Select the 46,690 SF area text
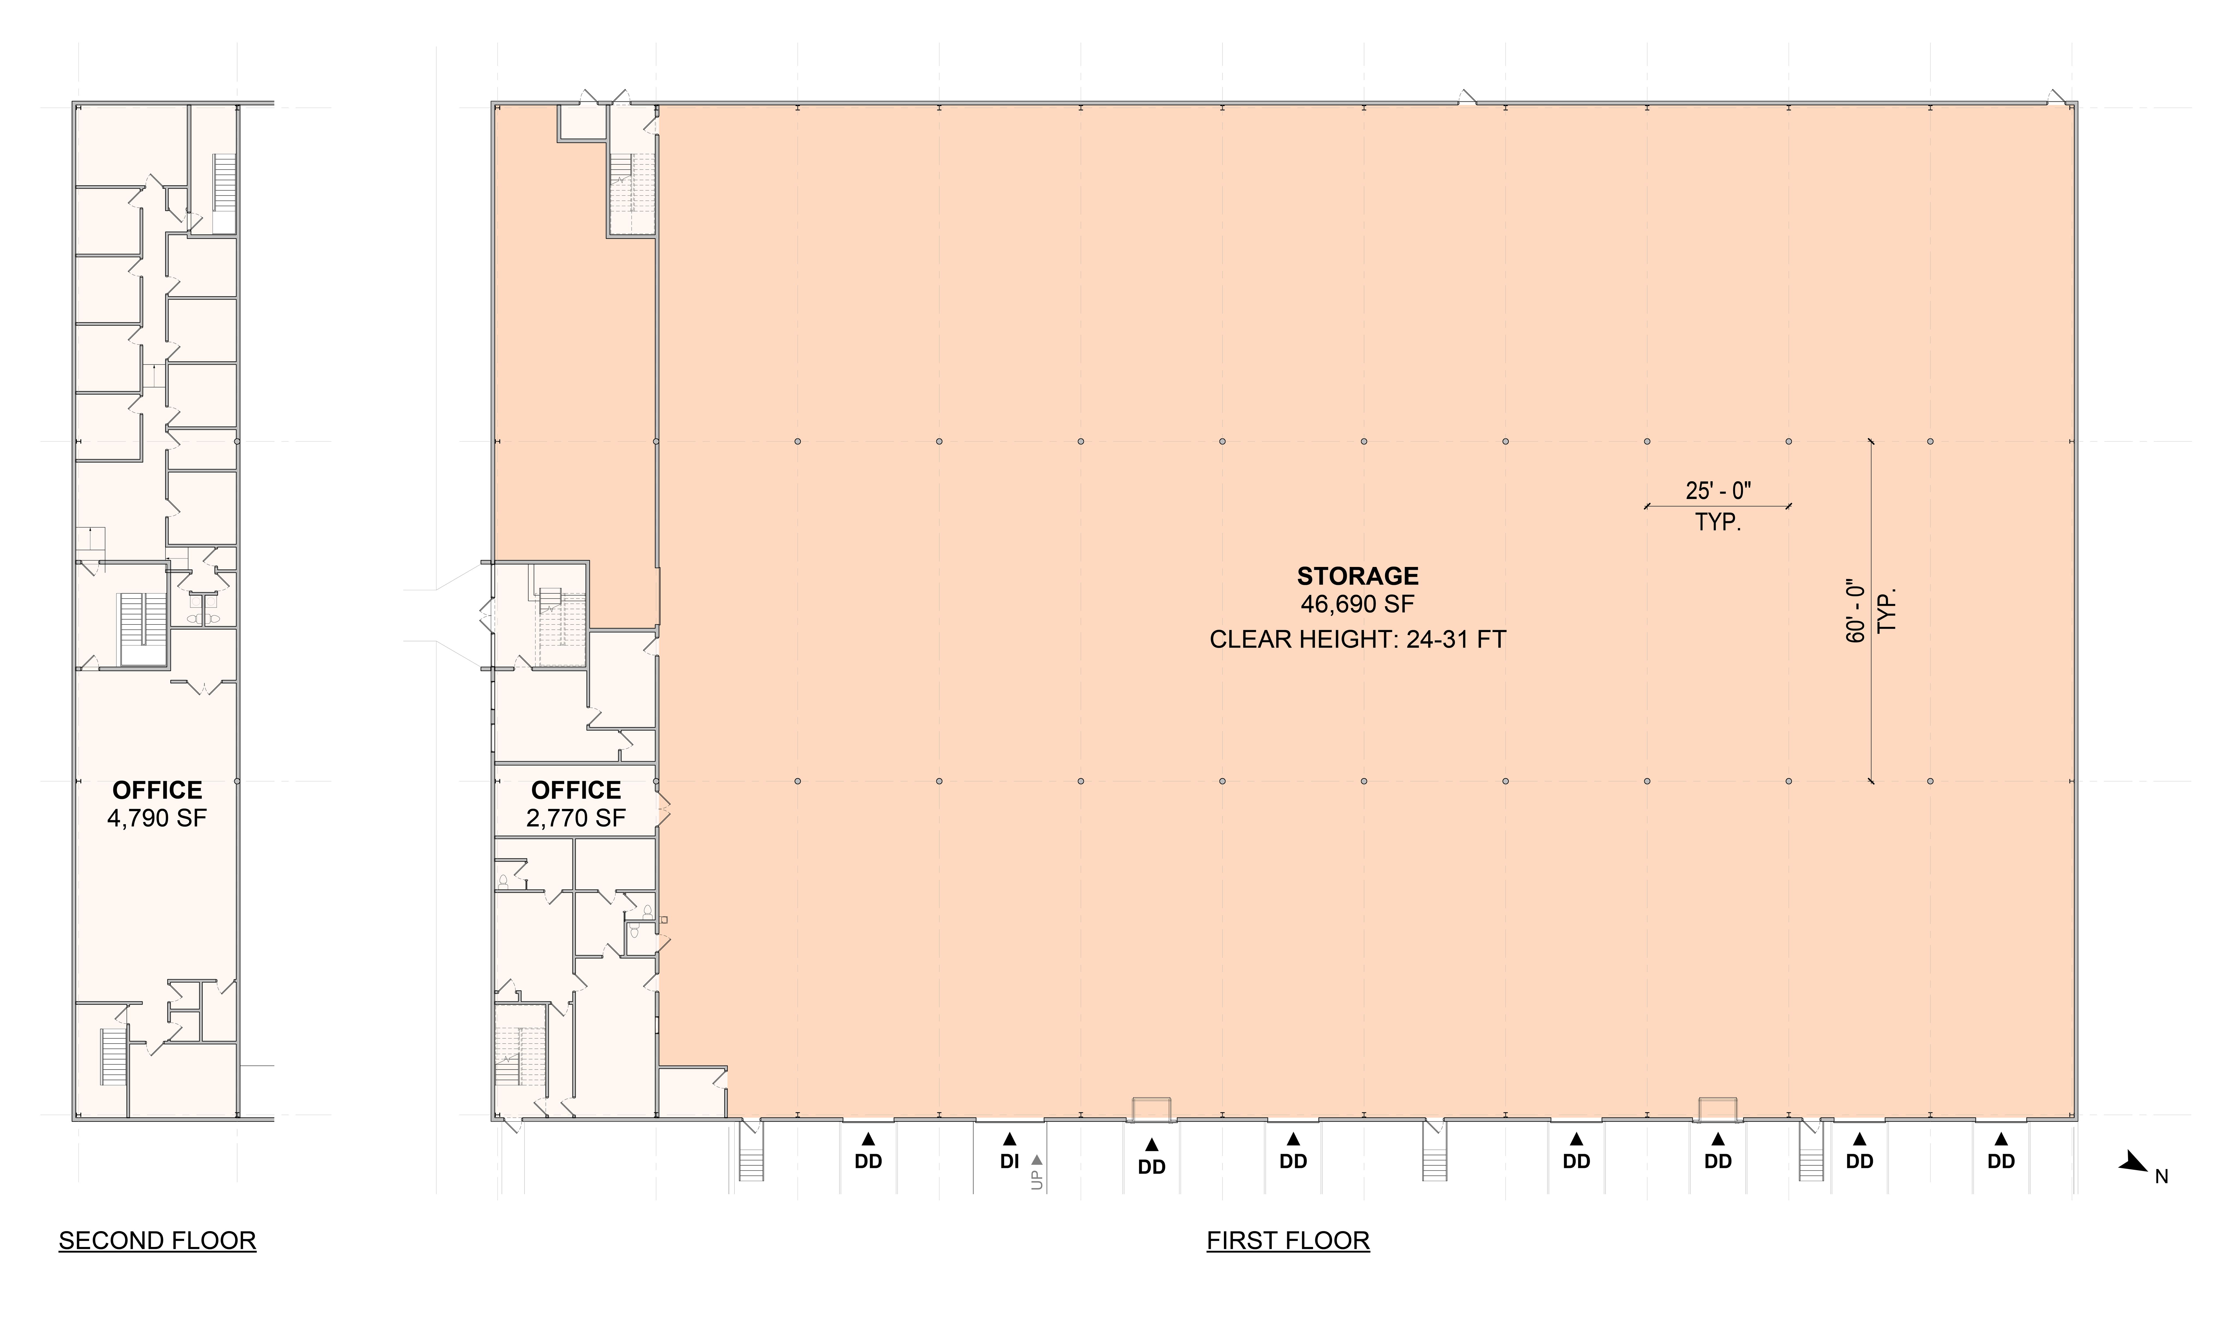coord(1358,605)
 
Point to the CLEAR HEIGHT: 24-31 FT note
coord(1358,640)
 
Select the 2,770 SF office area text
coord(576,818)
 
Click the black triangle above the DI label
coord(1009,1138)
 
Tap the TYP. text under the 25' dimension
coord(1718,522)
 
